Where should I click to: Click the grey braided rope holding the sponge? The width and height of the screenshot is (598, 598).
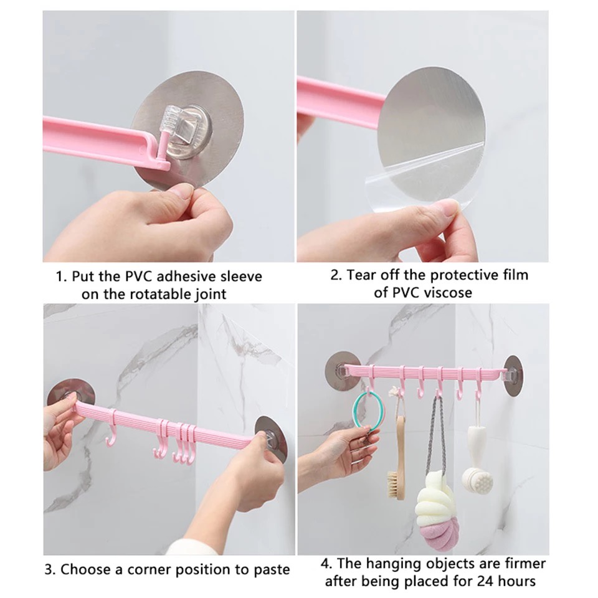[x=435, y=435]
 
